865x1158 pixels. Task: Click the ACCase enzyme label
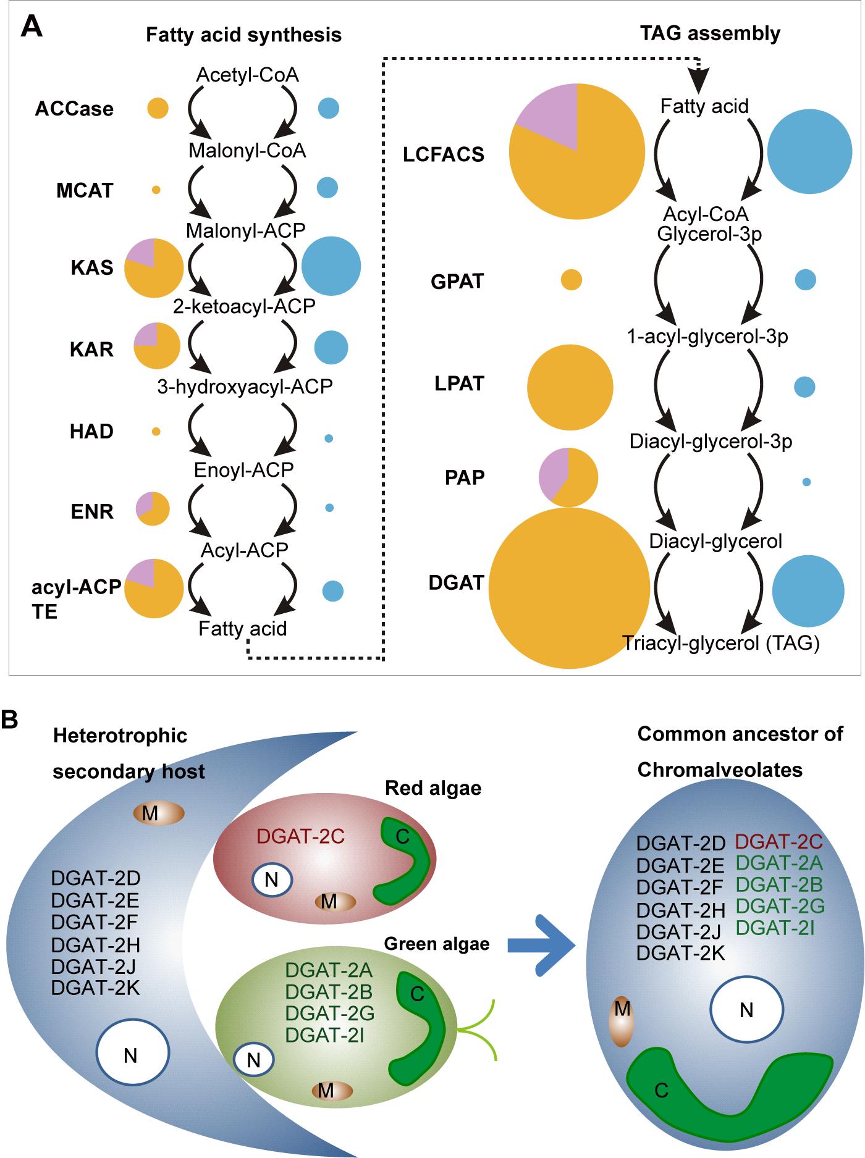point(74,109)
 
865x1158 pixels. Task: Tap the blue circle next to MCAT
point(327,187)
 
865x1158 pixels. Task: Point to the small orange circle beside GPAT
point(571,280)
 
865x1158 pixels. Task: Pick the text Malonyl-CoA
point(247,151)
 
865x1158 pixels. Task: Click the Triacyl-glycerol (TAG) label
point(721,644)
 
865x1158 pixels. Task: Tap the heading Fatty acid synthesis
point(243,35)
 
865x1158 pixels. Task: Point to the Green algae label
point(436,944)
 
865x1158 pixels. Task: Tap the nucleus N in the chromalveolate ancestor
point(746,1010)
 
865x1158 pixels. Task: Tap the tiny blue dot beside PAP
point(806,482)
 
